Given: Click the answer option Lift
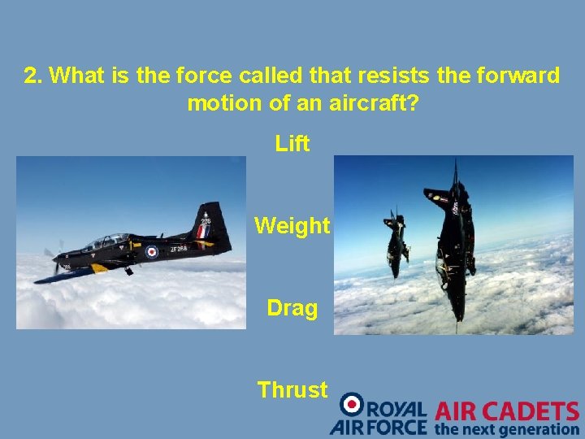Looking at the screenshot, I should [x=292, y=144].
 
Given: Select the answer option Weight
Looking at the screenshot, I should [x=292, y=225].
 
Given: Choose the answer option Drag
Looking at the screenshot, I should [x=292, y=308].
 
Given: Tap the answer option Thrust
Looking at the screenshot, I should [x=292, y=389].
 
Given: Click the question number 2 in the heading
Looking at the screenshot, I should [x=32, y=76].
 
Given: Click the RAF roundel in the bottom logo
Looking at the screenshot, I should [x=353, y=404].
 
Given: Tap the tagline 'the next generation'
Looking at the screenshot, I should [x=507, y=428].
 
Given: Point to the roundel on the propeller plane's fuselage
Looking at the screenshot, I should [x=151, y=252].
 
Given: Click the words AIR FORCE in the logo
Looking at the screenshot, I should [x=379, y=427].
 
